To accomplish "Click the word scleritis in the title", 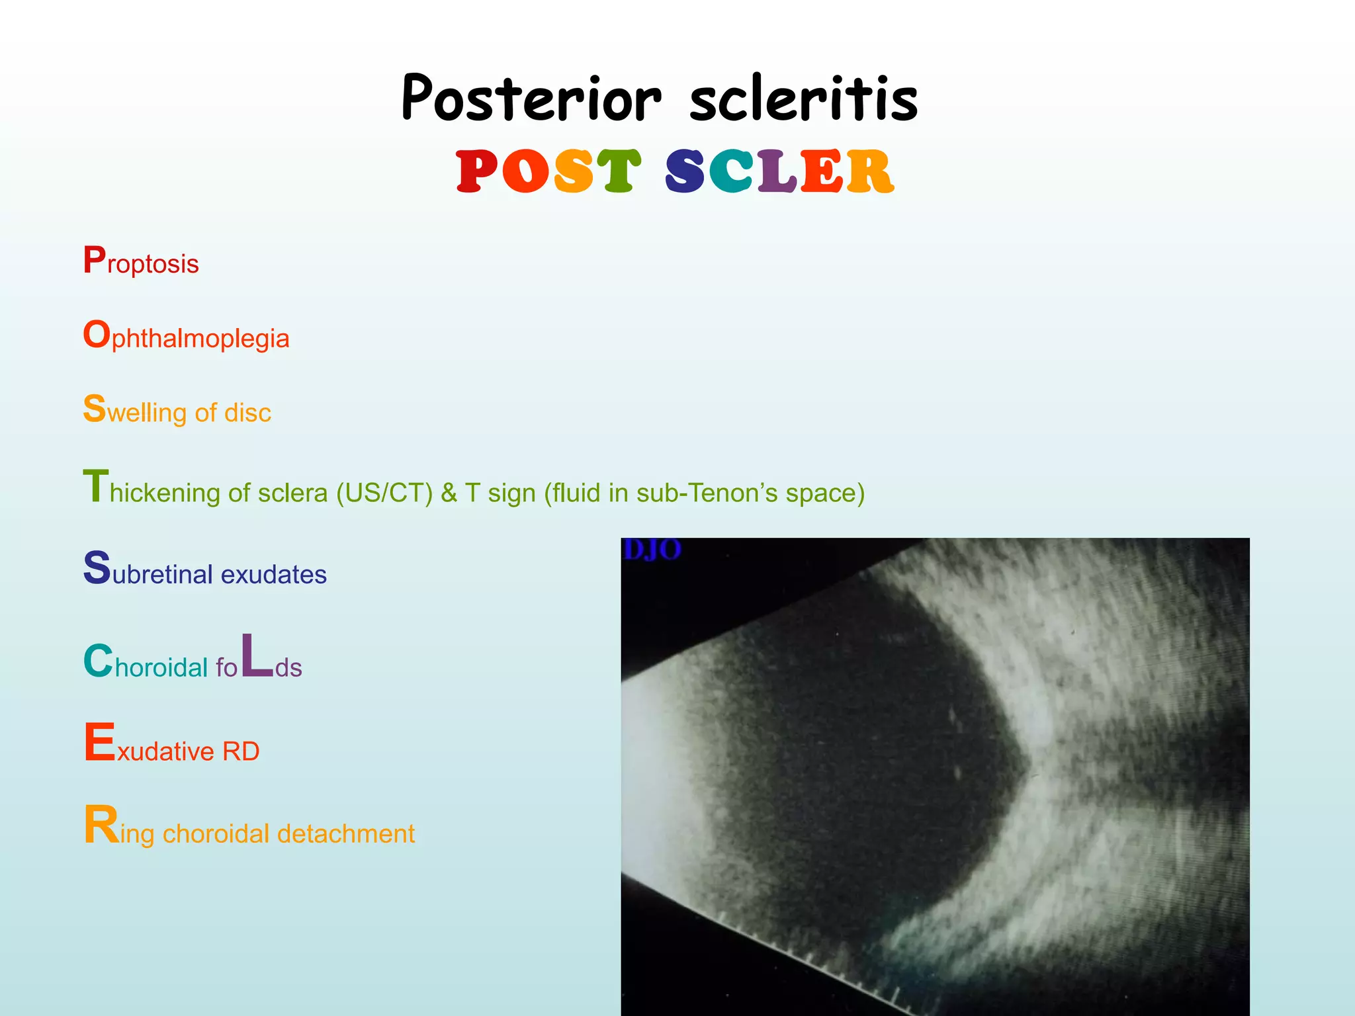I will (x=803, y=99).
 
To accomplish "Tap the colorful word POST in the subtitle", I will (x=548, y=171).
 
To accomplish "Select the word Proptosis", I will (x=141, y=263).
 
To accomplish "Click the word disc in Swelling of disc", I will (x=247, y=413).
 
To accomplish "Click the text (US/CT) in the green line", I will (x=384, y=493).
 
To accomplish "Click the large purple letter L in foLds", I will (x=257, y=656).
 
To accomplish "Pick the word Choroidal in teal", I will (x=146, y=664).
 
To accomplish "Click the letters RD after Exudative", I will (x=241, y=751).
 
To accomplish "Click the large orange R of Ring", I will (x=101, y=825).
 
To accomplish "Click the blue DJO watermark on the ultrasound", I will (x=652, y=550).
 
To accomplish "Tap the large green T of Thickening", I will (x=95, y=487).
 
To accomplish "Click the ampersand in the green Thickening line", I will (x=449, y=493).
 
